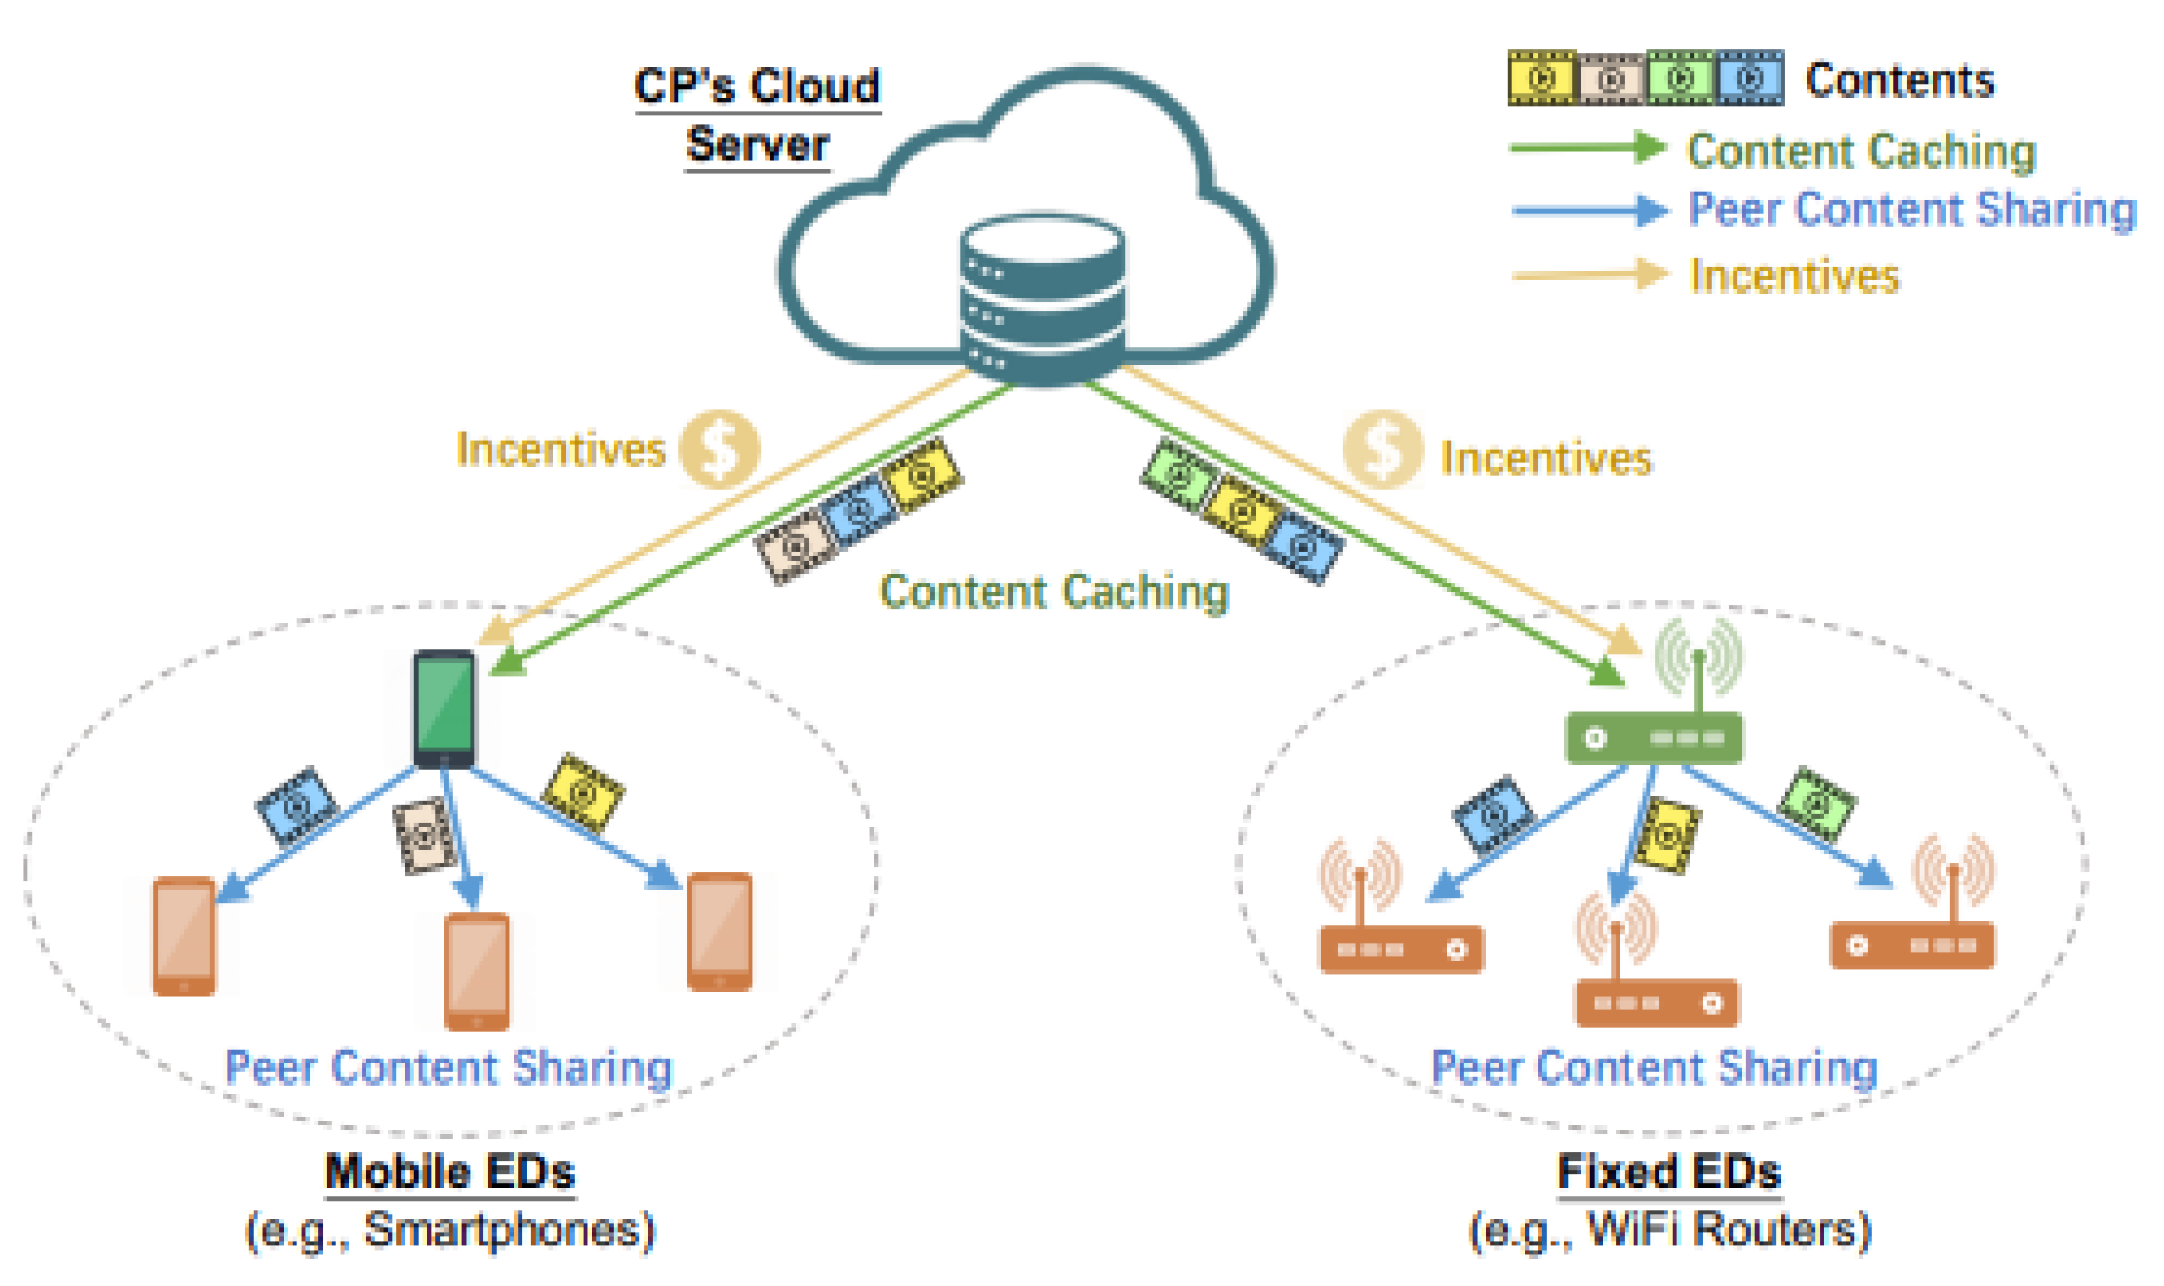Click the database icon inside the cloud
(x=1043, y=297)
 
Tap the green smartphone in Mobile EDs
(x=444, y=709)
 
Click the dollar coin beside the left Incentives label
(x=718, y=449)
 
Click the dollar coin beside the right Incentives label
(x=1382, y=449)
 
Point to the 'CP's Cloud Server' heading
(x=757, y=115)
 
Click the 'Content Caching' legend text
(x=1861, y=151)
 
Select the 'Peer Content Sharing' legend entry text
(x=1911, y=210)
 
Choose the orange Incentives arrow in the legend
(x=1588, y=274)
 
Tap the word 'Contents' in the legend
(x=1899, y=81)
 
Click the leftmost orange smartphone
(x=184, y=936)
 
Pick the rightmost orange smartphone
(x=719, y=931)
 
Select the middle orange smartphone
(x=476, y=971)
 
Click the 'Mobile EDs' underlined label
(x=450, y=1172)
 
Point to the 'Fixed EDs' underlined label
(x=1668, y=1172)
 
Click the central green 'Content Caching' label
(x=1054, y=592)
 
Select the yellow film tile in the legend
(x=1541, y=78)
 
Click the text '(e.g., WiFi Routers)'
(x=1669, y=1230)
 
